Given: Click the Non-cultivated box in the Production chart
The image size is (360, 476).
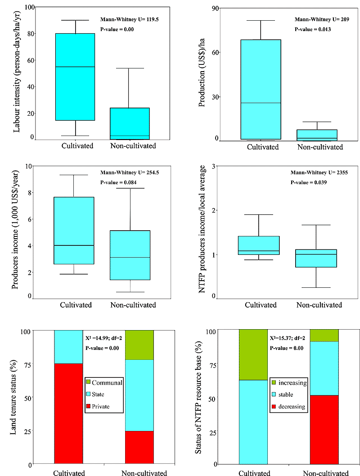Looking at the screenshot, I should point(321,135).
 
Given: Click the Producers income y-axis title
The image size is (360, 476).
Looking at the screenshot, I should point(16,232).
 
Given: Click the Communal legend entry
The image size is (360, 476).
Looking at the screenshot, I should point(104,383).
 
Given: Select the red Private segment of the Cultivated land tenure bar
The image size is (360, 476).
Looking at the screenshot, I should point(68,413).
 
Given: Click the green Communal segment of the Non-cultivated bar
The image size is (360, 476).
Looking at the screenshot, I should point(139,345).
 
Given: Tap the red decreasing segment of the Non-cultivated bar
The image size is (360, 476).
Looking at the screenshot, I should point(324,430).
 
